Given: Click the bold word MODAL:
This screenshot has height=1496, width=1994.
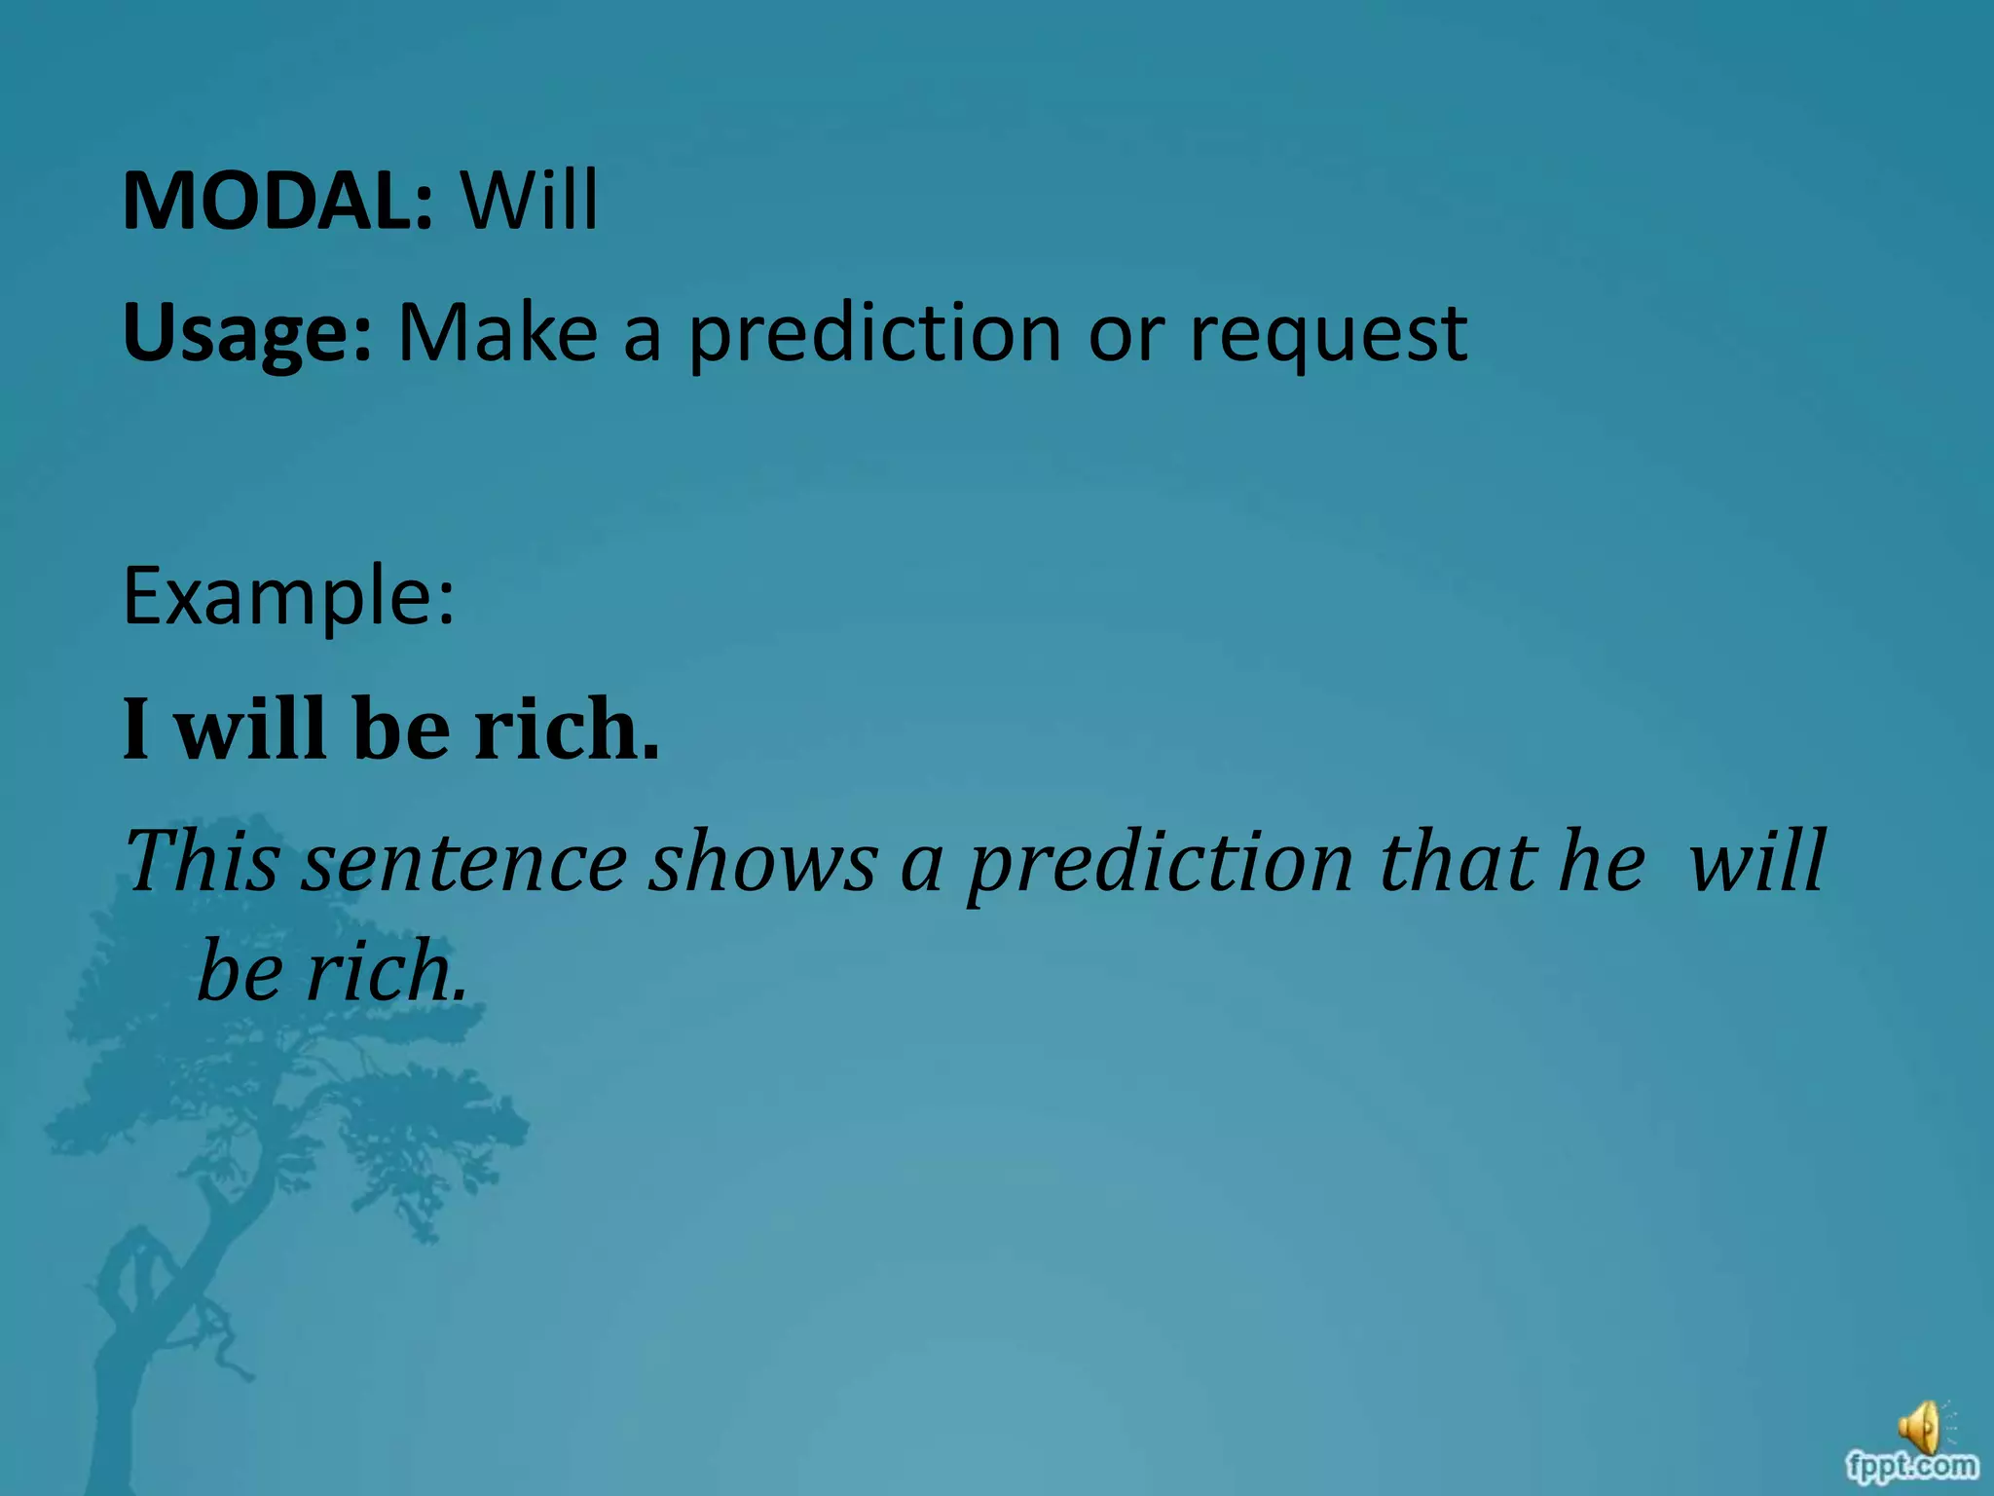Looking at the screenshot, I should (277, 201).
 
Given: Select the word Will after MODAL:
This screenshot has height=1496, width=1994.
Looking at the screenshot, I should (529, 201).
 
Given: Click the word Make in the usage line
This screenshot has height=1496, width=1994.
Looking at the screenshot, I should (498, 333).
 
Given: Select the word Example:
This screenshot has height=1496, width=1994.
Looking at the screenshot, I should (288, 596).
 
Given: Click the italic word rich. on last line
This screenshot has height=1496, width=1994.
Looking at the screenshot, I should (387, 972).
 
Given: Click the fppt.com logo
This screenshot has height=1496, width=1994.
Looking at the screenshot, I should (1912, 1465).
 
